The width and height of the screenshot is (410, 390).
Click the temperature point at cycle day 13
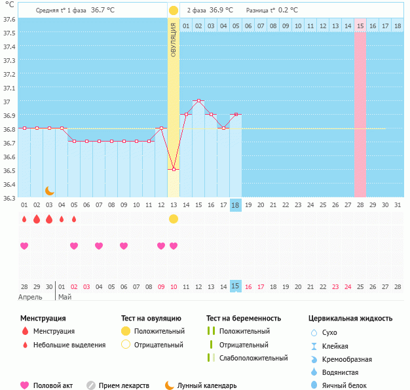[174, 170]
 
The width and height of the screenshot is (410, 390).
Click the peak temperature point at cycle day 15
[198, 101]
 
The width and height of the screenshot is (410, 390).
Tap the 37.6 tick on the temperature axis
[9, 19]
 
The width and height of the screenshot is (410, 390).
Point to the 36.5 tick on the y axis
[9, 170]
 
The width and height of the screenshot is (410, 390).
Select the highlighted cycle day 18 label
[236, 205]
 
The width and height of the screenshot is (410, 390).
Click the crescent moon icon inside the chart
[49, 190]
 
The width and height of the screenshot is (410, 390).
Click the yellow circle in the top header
[173, 10]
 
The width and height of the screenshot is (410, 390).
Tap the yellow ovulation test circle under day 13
[174, 219]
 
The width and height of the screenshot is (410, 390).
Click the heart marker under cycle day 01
[24, 246]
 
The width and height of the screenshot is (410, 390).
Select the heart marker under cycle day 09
[161, 246]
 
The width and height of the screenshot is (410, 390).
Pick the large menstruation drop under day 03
[49, 219]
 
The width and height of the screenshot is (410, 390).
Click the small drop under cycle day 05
[74, 219]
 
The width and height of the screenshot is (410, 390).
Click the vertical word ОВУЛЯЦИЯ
[174, 39]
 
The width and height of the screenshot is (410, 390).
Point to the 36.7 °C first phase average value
[102, 10]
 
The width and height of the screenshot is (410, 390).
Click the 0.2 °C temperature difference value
[286, 10]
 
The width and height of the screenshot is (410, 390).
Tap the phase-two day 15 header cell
[360, 26]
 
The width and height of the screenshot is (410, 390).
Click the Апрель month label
[30, 297]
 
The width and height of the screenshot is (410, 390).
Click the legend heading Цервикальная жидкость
[350, 319]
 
